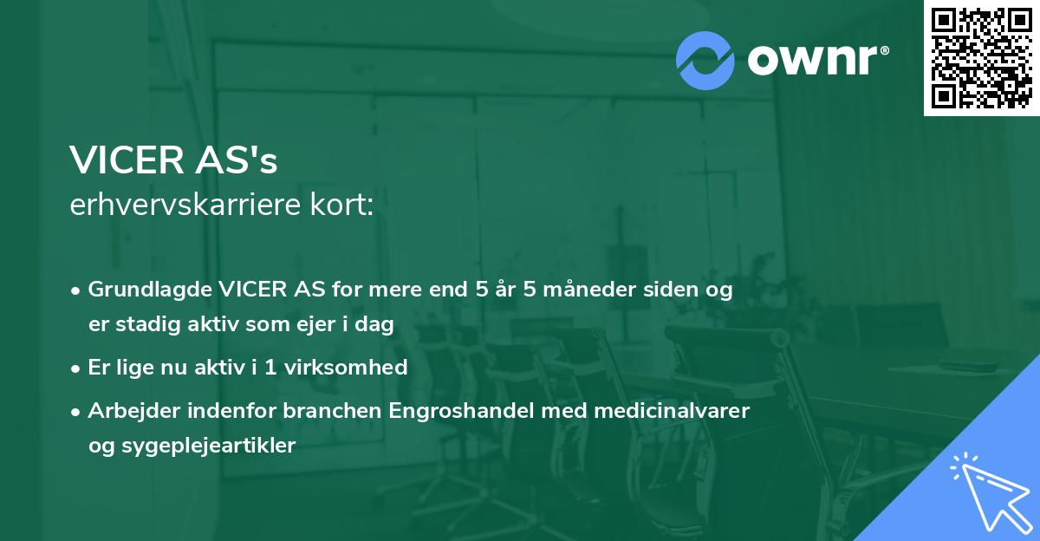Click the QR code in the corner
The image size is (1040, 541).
981,58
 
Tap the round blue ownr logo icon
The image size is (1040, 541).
705,60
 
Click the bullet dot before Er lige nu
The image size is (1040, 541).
77,368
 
